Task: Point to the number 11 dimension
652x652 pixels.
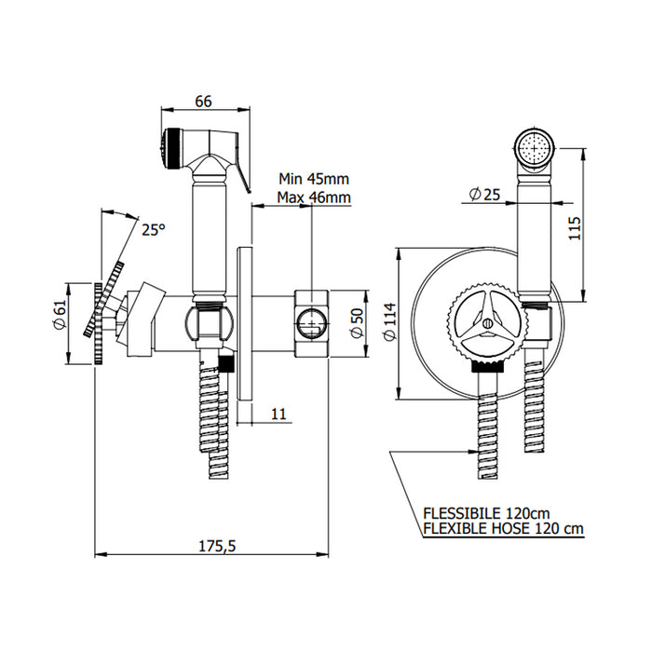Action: pyautogui.click(x=278, y=414)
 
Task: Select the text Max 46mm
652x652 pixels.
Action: pyautogui.click(x=314, y=197)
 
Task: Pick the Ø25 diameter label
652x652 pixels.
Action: pyautogui.click(x=486, y=194)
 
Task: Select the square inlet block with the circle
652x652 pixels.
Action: pyautogui.click(x=310, y=322)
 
